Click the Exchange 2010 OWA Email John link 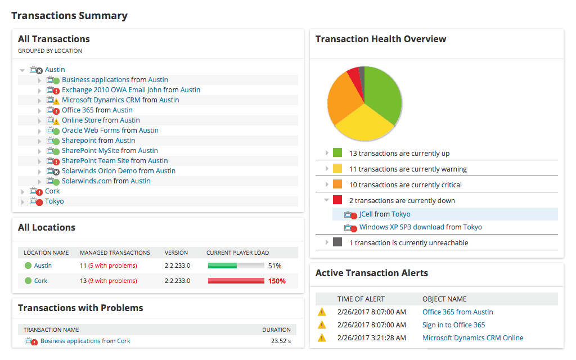click(x=111, y=90)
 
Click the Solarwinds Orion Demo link click(x=99, y=171)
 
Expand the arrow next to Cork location click(x=23, y=192)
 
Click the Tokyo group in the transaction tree click(x=54, y=201)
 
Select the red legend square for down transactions click(x=337, y=200)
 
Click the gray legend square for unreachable click(x=337, y=242)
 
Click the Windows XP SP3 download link click(x=402, y=227)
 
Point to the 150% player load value click(x=276, y=281)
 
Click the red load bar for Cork click(x=236, y=281)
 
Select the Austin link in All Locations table click(x=43, y=265)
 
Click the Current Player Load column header click(x=237, y=253)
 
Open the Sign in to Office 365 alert click(x=453, y=325)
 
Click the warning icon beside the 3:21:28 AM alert click(x=322, y=338)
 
